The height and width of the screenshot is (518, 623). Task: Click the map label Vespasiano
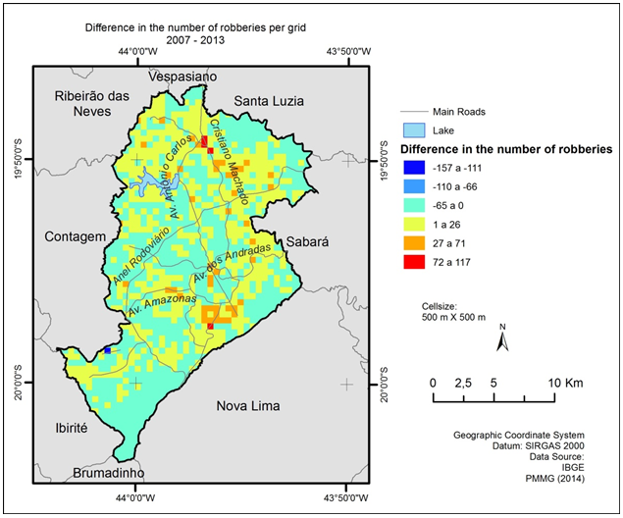coord(182,77)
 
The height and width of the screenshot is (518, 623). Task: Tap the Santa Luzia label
coord(269,101)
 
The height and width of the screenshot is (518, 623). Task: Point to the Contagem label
coord(75,237)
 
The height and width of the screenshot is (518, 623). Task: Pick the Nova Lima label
coord(247,405)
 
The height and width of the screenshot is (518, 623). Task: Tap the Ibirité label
coord(65,428)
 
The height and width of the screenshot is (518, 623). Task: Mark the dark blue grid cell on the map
coord(107,350)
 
